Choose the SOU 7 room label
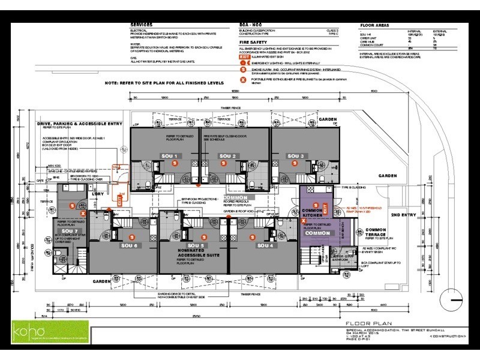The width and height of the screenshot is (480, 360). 70,231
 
